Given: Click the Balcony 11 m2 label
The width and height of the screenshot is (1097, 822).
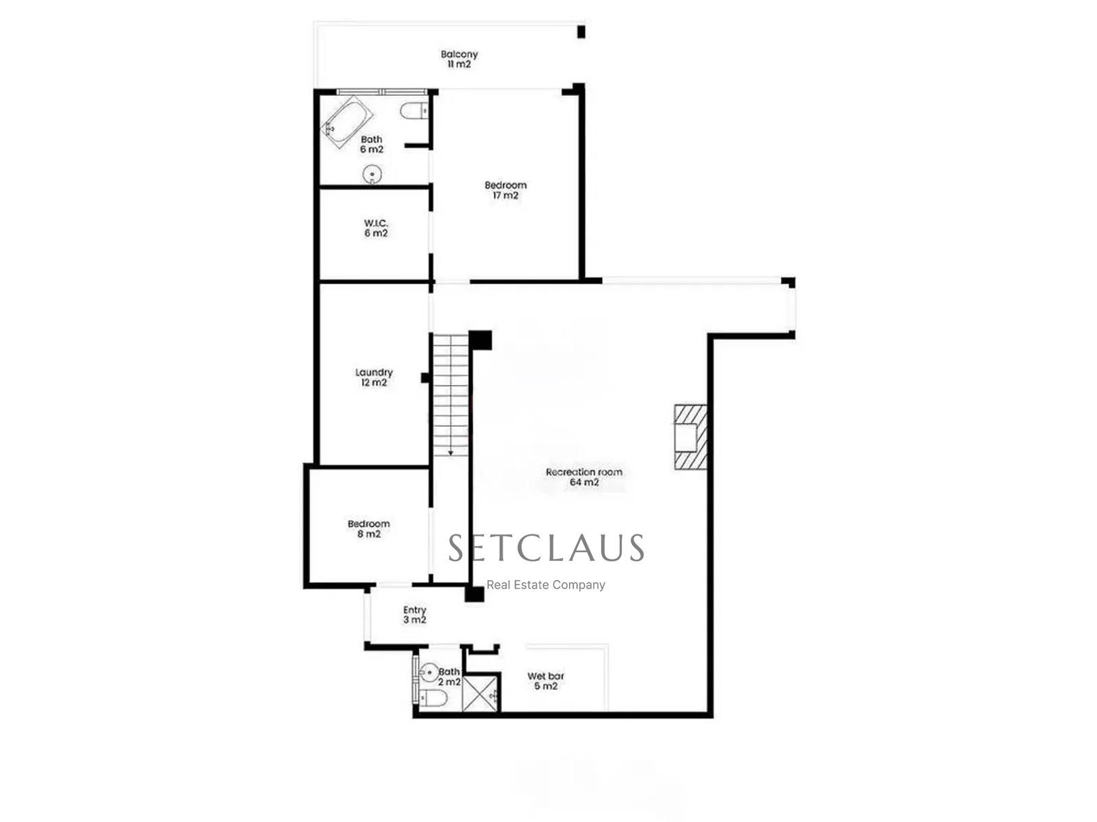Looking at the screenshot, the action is (x=459, y=59).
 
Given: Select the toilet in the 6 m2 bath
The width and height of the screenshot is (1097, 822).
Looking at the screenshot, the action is (x=414, y=110).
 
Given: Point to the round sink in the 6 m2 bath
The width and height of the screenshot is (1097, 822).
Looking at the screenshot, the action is (x=372, y=174).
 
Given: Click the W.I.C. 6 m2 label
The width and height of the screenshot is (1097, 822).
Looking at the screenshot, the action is (x=376, y=228).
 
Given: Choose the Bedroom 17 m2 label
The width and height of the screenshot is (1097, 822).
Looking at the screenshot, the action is (x=505, y=190).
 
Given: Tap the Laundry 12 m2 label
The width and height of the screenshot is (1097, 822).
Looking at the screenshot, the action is (x=374, y=377).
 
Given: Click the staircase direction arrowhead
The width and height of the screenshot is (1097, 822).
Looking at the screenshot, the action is (x=450, y=453).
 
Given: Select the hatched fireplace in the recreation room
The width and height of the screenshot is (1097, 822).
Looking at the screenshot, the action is (x=690, y=436).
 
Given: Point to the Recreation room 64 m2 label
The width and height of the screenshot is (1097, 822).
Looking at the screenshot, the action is (x=583, y=477).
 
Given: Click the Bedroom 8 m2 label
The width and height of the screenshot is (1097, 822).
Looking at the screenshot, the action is (x=369, y=529).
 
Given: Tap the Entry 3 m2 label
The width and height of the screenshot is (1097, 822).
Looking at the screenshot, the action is (x=414, y=615).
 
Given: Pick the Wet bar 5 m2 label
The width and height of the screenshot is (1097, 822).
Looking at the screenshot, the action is (x=546, y=682).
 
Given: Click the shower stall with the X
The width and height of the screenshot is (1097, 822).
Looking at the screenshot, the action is (x=481, y=693).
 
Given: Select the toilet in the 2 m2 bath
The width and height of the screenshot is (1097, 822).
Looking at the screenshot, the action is (x=433, y=698).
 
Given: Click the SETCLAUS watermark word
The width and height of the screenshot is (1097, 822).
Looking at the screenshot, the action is (x=546, y=547).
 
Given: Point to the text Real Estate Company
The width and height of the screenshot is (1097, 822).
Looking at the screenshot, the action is (x=546, y=585).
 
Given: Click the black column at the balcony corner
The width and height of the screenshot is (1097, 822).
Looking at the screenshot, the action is (x=581, y=32).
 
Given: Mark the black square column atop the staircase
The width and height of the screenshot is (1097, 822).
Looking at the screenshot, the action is (x=481, y=340).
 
